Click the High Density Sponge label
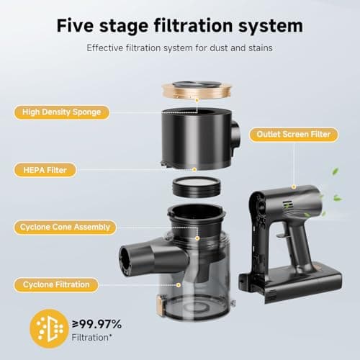coord(62,112)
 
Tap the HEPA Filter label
coord(45,170)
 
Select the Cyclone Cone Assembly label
coord(65,227)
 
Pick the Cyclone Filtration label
coord(56,285)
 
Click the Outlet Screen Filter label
coord(294,135)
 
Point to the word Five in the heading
coord(75,26)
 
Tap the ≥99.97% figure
coord(97,324)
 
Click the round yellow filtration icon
coord(49,328)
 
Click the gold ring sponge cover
coord(197,90)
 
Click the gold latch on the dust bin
coord(160,305)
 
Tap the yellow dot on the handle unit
coord(294,187)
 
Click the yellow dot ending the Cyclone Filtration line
coord(179,285)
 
